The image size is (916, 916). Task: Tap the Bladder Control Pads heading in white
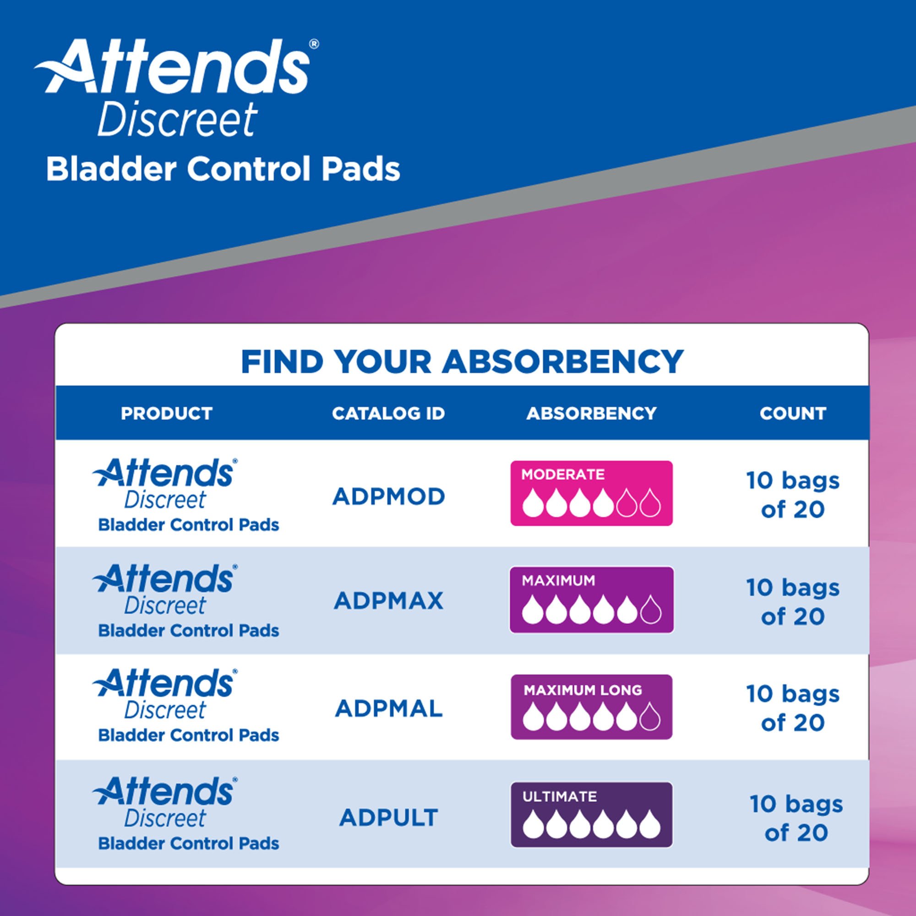tap(223, 169)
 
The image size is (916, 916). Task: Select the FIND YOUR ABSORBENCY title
tap(462, 362)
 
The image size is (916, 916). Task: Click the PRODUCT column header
tap(166, 414)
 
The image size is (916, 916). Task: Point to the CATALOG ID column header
tap(388, 414)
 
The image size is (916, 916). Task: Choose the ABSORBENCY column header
tap(591, 414)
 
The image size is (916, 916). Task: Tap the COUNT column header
tap(793, 414)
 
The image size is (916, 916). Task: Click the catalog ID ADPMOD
tap(388, 497)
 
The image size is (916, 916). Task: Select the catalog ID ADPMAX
tap(388, 601)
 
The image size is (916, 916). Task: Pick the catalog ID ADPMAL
tap(388, 709)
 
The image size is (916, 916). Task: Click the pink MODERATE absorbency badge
tap(591, 493)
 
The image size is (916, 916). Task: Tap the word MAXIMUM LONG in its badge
tap(583, 690)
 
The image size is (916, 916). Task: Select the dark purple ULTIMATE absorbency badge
tap(591, 814)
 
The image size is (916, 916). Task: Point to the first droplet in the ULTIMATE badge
tap(533, 825)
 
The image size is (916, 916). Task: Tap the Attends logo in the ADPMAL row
tap(164, 683)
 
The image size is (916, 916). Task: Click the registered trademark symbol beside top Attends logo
tap(313, 44)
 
